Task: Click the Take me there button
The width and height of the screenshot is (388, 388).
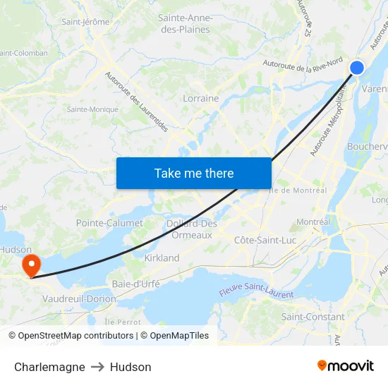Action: (194, 173)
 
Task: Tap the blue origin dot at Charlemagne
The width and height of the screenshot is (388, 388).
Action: (357, 68)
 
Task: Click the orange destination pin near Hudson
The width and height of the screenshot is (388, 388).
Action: (32, 265)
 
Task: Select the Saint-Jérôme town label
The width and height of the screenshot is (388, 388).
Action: (85, 21)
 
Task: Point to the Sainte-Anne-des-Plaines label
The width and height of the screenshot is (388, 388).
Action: (186, 23)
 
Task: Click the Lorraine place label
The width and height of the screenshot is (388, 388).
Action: (201, 99)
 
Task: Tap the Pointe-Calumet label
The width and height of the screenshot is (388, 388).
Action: (109, 223)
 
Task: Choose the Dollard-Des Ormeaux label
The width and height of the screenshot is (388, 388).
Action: (192, 229)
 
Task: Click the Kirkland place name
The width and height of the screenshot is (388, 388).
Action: (162, 258)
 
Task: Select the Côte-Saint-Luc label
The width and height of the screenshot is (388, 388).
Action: (265, 241)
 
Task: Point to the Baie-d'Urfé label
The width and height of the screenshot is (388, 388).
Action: (136, 284)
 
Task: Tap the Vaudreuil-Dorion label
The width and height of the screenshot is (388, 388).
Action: (79, 299)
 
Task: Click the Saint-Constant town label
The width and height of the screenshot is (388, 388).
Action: (313, 317)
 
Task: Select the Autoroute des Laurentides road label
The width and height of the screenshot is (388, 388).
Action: (137, 102)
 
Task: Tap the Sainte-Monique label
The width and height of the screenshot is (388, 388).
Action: (92, 109)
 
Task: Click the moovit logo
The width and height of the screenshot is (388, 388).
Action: (346, 366)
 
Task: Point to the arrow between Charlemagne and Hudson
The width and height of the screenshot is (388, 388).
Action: (97, 367)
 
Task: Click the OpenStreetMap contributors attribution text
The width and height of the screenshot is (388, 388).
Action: (76, 336)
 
